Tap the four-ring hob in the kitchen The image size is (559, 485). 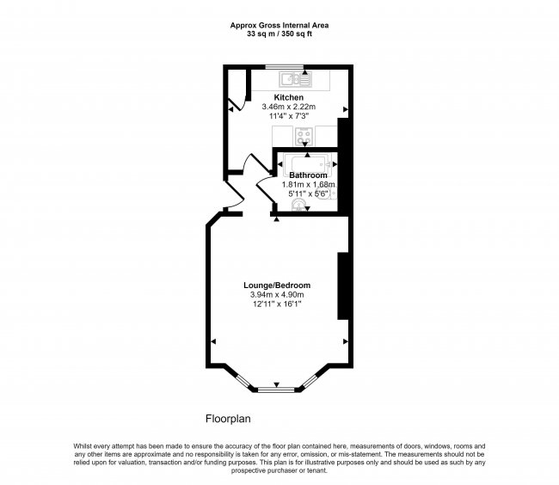(x=303, y=135)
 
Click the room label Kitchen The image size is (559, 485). (x=288, y=97)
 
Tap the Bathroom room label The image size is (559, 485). (x=307, y=175)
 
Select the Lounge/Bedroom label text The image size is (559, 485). (x=276, y=285)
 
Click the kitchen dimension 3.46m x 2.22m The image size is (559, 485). (x=288, y=107)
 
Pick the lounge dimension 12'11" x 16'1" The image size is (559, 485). (x=276, y=304)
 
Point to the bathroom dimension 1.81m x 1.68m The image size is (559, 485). (x=308, y=184)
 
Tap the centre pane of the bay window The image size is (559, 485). (x=276, y=390)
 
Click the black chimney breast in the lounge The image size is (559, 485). (x=342, y=285)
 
